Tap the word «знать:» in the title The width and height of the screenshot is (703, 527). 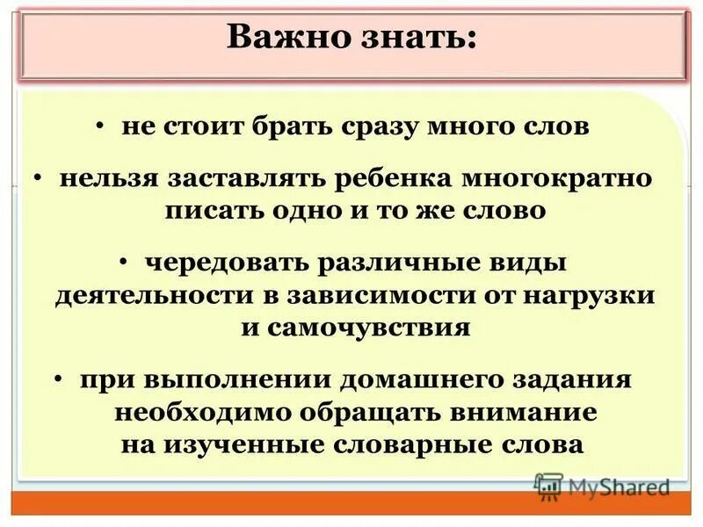click(x=413, y=36)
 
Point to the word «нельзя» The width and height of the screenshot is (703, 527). click(x=108, y=179)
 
